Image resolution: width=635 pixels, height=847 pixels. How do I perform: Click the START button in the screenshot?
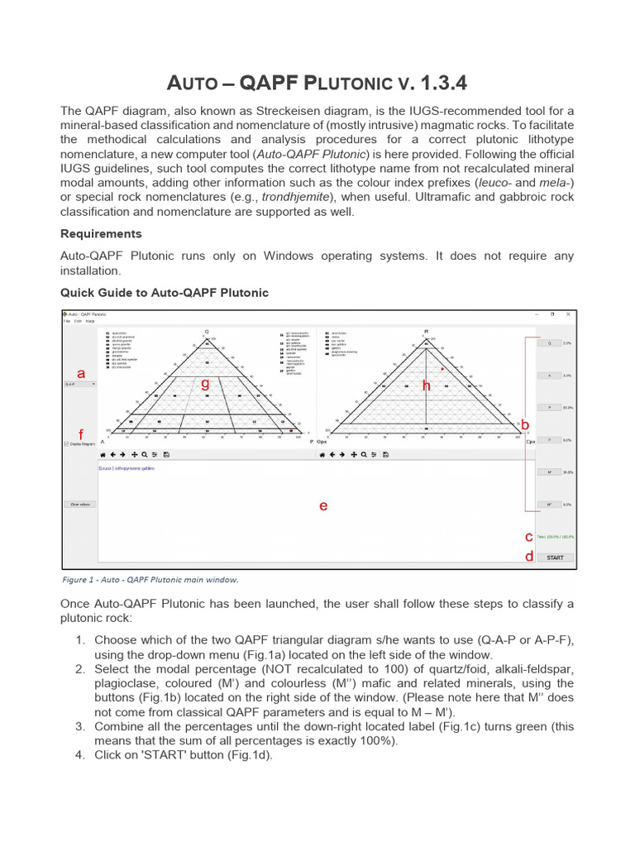(x=555, y=557)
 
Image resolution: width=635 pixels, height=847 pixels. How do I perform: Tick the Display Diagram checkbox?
(x=66, y=444)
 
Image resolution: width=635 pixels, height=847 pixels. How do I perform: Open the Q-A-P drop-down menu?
(x=80, y=385)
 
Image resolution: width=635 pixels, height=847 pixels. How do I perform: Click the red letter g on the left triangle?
(x=205, y=384)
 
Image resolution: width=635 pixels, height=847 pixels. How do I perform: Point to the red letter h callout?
(x=427, y=385)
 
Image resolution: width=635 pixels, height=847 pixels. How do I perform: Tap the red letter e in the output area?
(x=323, y=506)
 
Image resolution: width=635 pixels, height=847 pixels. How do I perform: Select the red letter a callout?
(x=81, y=373)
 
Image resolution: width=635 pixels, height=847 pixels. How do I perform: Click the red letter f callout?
(x=80, y=434)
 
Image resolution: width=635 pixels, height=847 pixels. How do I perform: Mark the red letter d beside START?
(x=529, y=557)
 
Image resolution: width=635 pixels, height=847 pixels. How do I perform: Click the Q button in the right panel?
(x=548, y=343)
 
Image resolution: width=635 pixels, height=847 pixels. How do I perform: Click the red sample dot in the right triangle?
(x=443, y=368)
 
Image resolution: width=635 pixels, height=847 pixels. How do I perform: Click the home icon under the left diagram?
(x=103, y=455)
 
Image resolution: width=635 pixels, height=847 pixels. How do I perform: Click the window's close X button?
(x=568, y=314)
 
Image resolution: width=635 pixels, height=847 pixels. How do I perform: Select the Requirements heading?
(x=101, y=233)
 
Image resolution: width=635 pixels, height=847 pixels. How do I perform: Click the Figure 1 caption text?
(x=150, y=580)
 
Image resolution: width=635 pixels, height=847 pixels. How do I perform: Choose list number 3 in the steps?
(x=80, y=725)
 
